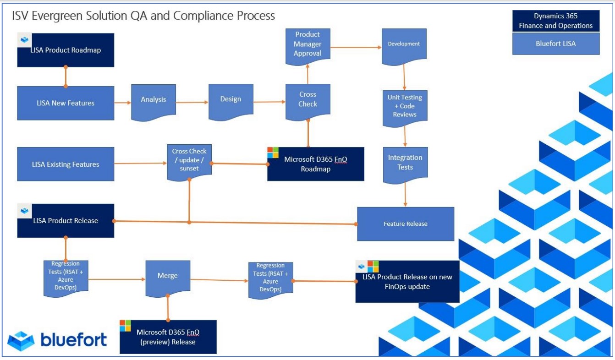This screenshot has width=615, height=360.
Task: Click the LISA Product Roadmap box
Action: pyautogui.click(x=66, y=50)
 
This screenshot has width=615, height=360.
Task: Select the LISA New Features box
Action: pyautogui.click(x=66, y=103)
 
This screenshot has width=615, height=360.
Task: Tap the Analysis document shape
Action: pyautogui.click(x=153, y=99)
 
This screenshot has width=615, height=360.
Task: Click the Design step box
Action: pyautogui.click(x=231, y=99)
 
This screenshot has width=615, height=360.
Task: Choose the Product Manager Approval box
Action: pyautogui.click(x=307, y=44)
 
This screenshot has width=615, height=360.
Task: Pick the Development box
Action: pyautogui.click(x=404, y=44)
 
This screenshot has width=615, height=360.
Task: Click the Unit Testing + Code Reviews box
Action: pyautogui.click(x=405, y=106)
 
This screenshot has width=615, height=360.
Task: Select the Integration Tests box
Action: pyautogui.click(x=405, y=163)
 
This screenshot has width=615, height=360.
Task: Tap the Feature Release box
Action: pyautogui.click(x=405, y=224)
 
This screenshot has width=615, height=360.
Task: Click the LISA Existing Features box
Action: pyautogui.click(x=66, y=164)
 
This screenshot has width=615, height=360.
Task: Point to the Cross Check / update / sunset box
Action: pyautogui.click(x=189, y=159)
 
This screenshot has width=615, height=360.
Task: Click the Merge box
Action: pyautogui.click(x=168, y=276)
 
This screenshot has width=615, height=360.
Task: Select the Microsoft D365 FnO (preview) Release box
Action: pyautogui.click(x=168, y=337)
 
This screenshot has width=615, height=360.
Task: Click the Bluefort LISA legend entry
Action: pyautogui.click(x=555, y=44)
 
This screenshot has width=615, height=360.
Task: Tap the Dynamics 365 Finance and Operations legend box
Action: pyautogui.click(x=555, y=21)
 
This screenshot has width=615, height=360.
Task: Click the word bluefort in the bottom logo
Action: pyautogui.click(x=74, y=340)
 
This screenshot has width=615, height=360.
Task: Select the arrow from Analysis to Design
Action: pyautogui.click(x=192, y=103)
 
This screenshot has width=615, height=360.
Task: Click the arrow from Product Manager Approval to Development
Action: pyautogui.click(x=356, y=47)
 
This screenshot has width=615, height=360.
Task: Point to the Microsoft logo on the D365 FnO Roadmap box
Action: pyautogui.click(x=273, y=153)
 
